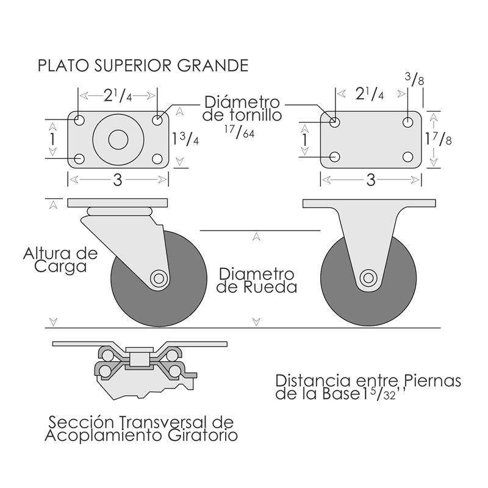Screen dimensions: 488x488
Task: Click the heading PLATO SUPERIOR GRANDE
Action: pyautogui.click(x=143, y=65)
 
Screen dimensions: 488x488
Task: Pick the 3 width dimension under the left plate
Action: pyautogui.click(x=117, y=179)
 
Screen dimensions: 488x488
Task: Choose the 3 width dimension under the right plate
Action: pyautogui.click(x=370, y=179)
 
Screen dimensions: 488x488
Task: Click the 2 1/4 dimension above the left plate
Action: pyautogui.click(x=118, y=95)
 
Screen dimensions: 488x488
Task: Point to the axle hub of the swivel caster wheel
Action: pyautogui.click(x=159, y=279)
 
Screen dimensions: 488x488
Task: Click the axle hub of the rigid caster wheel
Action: pyautogui.click(x=368, y=278)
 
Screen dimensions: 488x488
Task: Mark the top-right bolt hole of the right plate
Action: pyautogui.click(x=407, y=122)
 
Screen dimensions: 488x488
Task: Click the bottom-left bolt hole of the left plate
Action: pyautogui.click(x=79, y=160)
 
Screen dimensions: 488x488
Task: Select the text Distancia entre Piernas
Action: pyautogui.click(x=368, y=380)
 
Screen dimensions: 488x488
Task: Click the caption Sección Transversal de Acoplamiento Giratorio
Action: pyautogui.click(x=141, y=429)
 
